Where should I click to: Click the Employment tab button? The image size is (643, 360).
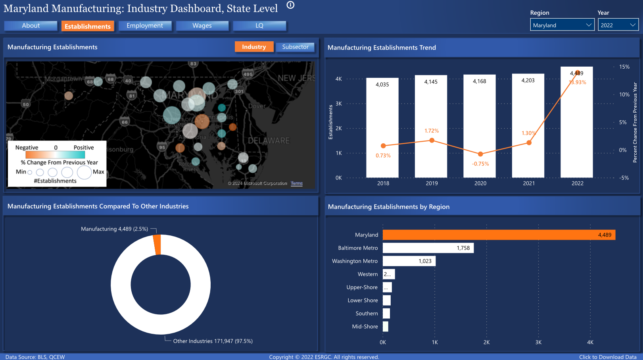click(x=145, y=26)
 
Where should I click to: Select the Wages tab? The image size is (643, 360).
click(x=202, y=26)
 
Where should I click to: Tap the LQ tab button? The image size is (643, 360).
click(x=259, y=26)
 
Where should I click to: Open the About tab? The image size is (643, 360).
click(x=31, y=26)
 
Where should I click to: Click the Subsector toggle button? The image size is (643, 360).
click(x=295, y=47)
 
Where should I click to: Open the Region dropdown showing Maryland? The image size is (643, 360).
click(x=562, y=25)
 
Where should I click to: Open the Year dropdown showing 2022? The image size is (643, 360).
click(x=618, y=25)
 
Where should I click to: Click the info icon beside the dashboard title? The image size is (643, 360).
click(x=290, y=5)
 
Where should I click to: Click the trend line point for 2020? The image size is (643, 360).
click(x=480, y=154)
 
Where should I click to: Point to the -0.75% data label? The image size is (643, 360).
click(x=480, y=164)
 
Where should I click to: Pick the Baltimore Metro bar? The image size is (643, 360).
click(x=428, y=248)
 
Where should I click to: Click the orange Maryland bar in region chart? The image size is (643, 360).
click(x=499, y=235)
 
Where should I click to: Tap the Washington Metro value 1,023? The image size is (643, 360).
click(x=425, y=261)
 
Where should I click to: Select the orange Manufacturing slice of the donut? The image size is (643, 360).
click(x=157, y=244)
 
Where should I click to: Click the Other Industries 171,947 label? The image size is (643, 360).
click(x=213, y=341)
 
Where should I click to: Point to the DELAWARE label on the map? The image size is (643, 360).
click(x=269, y=141)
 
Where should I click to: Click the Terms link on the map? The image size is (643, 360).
click(x=297, y=183)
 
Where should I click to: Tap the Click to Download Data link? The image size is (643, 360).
click(x=608, y=357)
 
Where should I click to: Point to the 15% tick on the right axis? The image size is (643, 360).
click(x=624, y=67)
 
